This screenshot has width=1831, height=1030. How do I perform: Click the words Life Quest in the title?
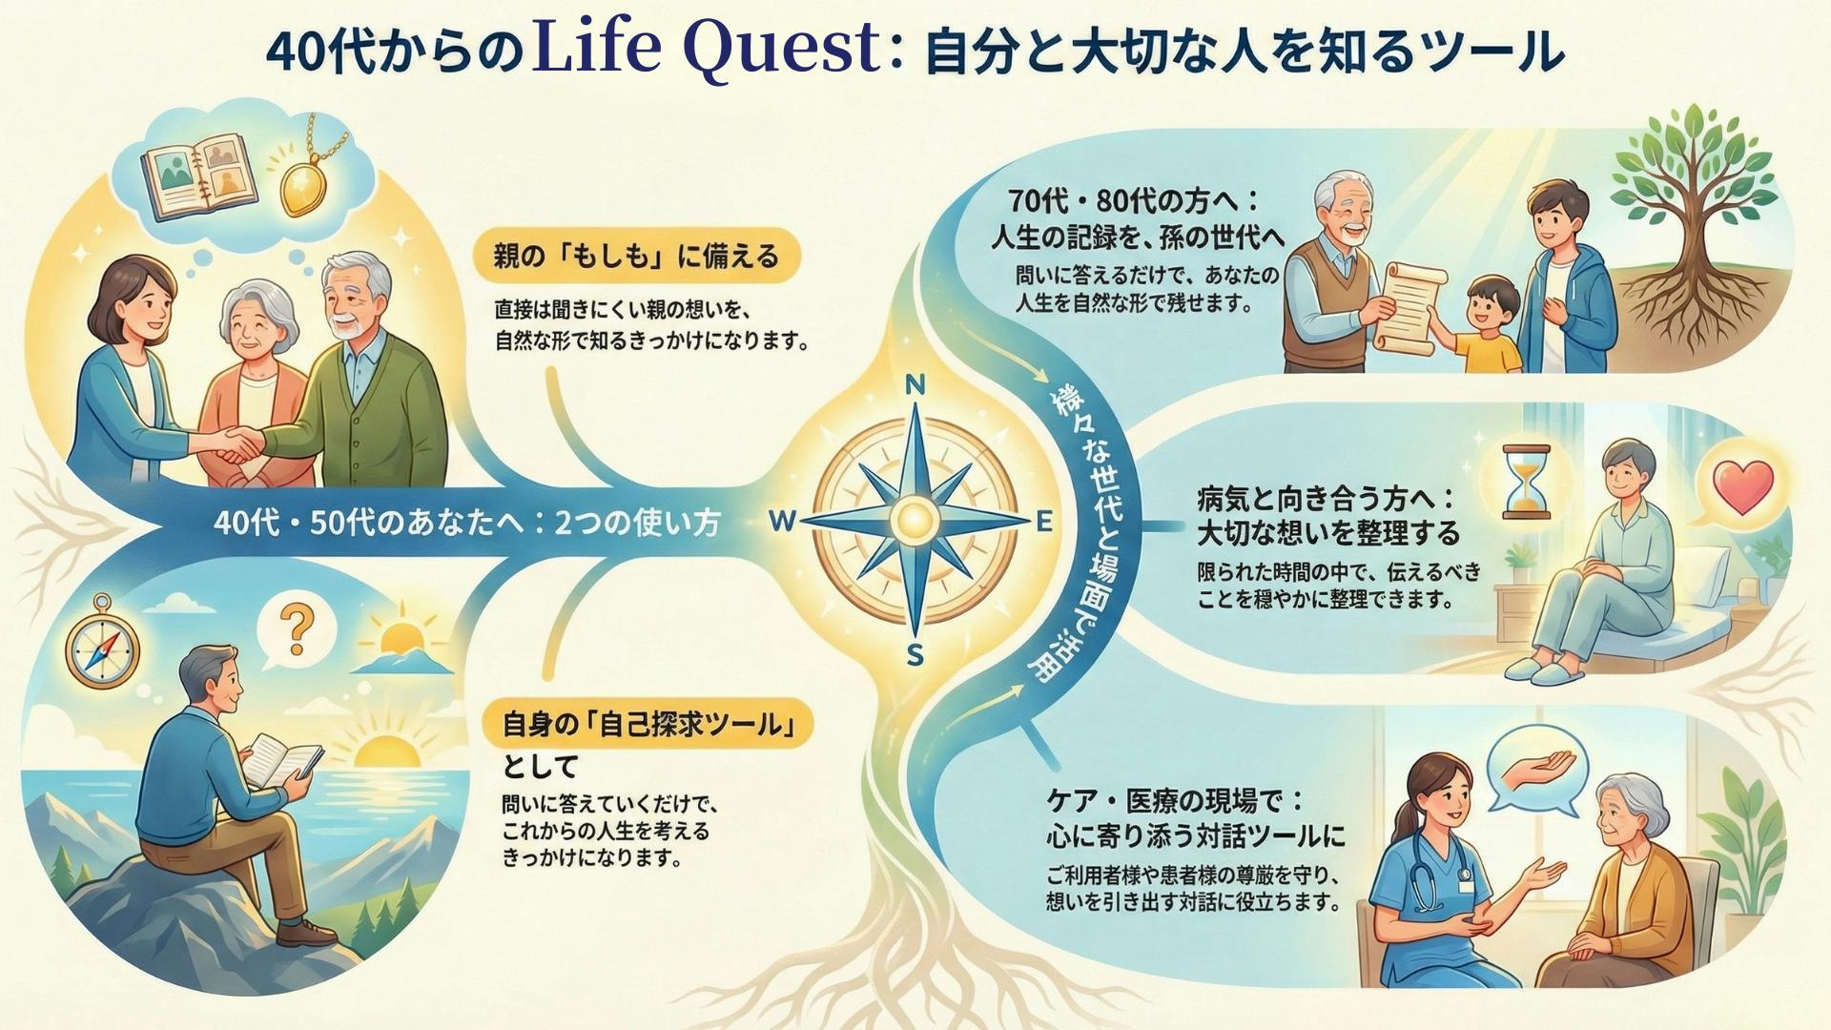pos(707,48)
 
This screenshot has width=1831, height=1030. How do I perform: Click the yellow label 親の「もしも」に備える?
pos(636,256)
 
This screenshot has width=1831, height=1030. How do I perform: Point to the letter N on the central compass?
pos(915,385)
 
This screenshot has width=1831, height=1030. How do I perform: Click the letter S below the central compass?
pos(915,656)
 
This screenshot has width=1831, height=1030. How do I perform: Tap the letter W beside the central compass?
pos(783,521)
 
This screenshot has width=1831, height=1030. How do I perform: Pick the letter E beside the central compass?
pos(1043,522)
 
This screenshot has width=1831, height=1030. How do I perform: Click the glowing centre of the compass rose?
pos(915,520)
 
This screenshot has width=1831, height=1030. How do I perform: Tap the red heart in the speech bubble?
pos(1743,486)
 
